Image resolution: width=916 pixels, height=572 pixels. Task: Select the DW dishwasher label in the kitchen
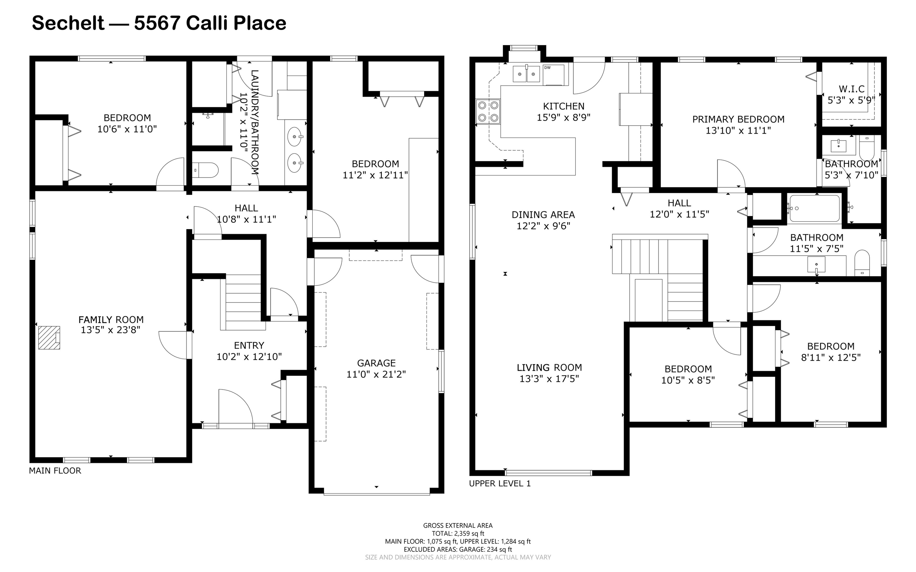click(x=547, y=68)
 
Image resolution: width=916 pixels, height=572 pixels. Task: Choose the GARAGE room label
click(x=376, y=363)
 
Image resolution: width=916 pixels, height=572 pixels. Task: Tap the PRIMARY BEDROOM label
click(x=738, y=120)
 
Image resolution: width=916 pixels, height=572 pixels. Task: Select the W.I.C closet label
click(x=851, y=89)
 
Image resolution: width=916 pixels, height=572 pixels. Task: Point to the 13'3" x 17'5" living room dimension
click(x=549, y=379)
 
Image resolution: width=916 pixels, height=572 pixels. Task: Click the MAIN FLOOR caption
click(x=55, y=471)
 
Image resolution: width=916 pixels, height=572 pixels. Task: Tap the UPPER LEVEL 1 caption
click(x=500, y=484)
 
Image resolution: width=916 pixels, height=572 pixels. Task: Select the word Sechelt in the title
click(x=68, y=23)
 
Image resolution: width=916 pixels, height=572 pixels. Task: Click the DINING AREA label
click(x=543, y=215)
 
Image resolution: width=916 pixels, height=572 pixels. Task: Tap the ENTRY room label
click(x=249, y=345)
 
